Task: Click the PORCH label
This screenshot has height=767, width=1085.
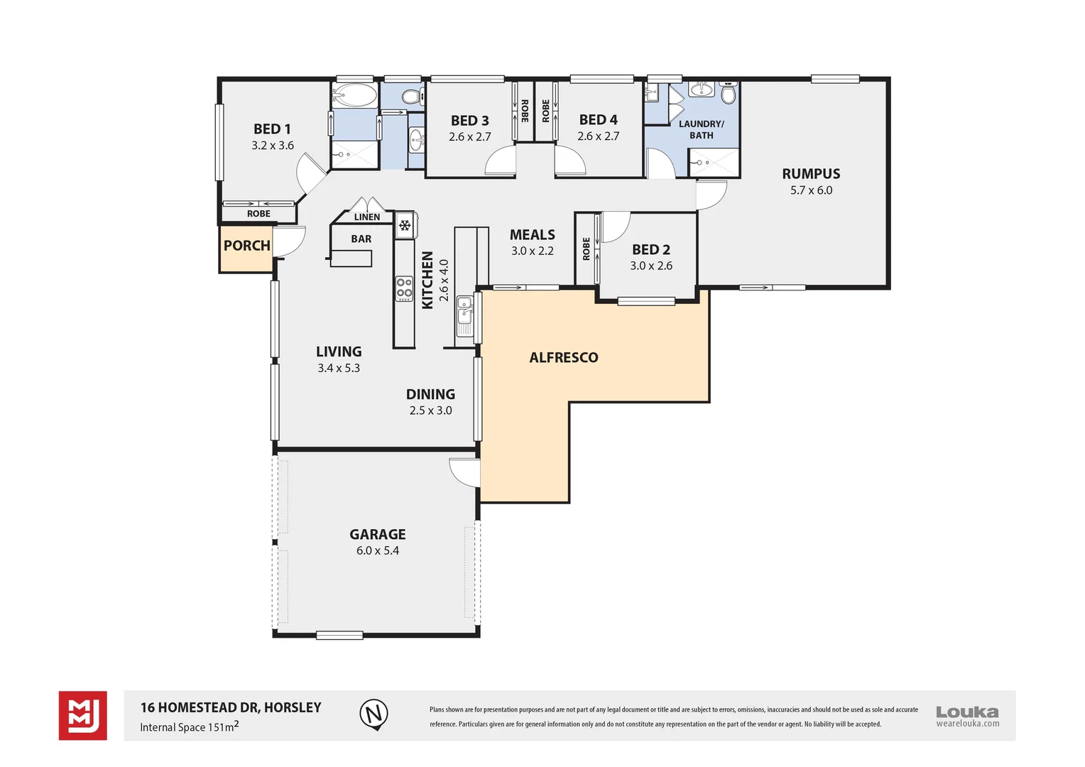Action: click(x=246, y=246)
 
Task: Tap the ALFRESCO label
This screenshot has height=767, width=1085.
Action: click(x=564, y=358)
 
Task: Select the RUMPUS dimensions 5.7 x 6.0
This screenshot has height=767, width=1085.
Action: click(x=811, y=190)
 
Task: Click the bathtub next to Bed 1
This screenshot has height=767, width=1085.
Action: click(x=354, y=95)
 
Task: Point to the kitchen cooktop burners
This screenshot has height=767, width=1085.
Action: click(x=404, y=288)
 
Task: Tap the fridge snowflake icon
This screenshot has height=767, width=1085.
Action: click(x=405, y=226)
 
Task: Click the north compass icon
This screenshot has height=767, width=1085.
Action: click(x=374, y=713)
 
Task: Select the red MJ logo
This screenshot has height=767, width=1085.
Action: click(x=83, y=715)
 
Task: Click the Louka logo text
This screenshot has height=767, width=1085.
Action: click(x=966, y=712)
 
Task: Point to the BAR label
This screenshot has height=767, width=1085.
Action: click(x=361, y=239)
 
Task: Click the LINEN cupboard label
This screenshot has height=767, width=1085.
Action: click(x=367, y=217)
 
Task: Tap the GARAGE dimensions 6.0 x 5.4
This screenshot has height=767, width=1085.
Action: click(x=378, y=551)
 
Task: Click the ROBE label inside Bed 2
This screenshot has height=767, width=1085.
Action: click(x=587, y=249)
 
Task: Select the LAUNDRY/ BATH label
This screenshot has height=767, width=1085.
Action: click(x=701, y=129)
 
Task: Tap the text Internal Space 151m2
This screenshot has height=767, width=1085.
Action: click(x=189, y=727)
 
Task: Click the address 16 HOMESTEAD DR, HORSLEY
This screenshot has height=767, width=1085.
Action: click(x=231, y=707)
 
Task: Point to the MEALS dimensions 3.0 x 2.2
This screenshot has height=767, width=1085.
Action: click(x=532, y=251)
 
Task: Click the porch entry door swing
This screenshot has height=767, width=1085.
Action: click(x=289, y=242)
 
